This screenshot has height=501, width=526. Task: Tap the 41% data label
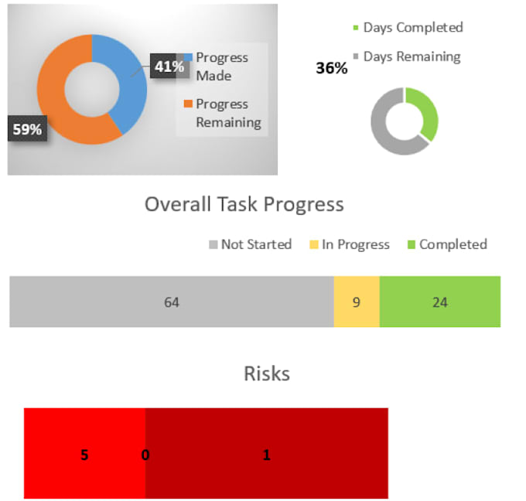point(169,66)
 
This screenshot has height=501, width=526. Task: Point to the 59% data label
point(27,129)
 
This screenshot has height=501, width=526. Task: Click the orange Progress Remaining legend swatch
point(188,104)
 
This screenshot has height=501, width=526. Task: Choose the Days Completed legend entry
point(408,28)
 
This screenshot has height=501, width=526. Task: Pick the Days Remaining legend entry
point(407,56)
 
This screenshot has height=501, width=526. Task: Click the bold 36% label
point(331,68)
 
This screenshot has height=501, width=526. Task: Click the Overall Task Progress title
point(244,204)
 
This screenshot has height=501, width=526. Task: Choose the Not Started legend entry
point(251,244)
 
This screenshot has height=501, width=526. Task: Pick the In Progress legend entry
point(350,244)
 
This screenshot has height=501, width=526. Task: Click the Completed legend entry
point(447,244)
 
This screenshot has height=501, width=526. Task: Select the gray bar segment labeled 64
point(172,302)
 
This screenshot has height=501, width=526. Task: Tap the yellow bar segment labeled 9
point(357,302)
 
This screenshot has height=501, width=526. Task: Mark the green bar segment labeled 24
point(440,302)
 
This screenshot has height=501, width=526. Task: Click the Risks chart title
point(267,373)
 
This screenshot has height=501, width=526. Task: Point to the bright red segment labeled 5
point(84,453)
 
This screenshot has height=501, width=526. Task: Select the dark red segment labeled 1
point(267,453)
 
